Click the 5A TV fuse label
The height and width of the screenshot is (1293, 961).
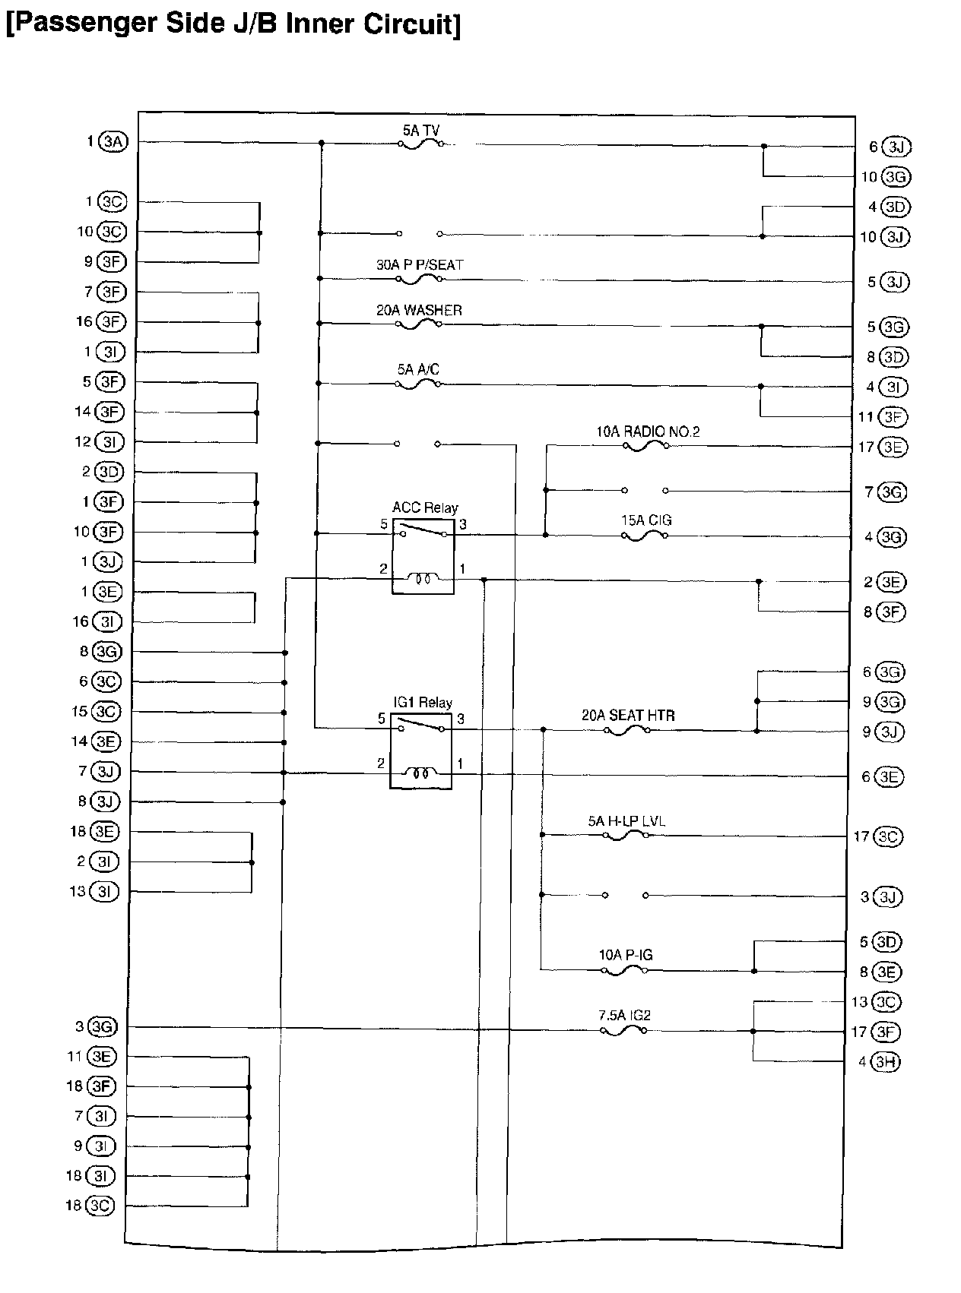pos(420,130)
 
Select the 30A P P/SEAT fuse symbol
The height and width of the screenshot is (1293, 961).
pos(419,280)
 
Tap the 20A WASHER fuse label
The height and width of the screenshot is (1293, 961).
pos(419,310)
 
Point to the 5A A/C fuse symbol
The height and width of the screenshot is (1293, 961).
pos(418,384)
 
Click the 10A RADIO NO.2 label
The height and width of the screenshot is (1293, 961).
pos(648,432)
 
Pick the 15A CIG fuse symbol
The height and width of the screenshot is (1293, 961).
pos(645,536)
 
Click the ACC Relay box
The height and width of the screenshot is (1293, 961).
pos(423,558)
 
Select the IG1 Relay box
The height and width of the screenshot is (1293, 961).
pos(421,751)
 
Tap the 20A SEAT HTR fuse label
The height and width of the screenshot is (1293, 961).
pos(628,715)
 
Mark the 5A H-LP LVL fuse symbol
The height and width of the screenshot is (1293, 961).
pos(626,836)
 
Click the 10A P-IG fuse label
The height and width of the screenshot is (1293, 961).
pos(625,955)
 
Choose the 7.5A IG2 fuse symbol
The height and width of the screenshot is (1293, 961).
pos(623,1031)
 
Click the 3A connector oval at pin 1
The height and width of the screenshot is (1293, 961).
pos(114,142)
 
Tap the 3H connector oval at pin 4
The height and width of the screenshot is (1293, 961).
pos(885,1061)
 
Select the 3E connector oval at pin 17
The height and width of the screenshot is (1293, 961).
pos(892,447)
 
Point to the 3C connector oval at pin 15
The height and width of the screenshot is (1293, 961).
pos(106,712)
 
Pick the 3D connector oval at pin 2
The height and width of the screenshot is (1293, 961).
pos(109,472)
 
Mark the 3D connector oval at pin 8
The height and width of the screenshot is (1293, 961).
pos(894,357)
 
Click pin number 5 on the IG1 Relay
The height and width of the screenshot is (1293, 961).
pos(381,718)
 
